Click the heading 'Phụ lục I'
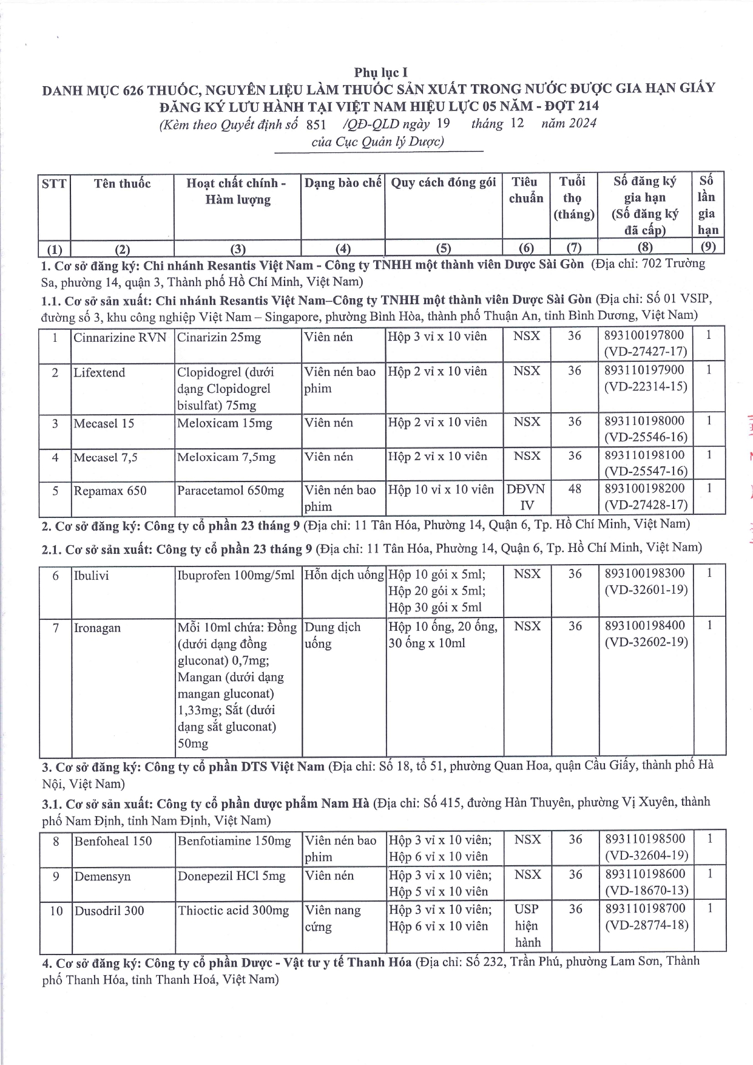(380, 73)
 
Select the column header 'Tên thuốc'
(122, 183)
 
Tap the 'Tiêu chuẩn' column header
(525, 190)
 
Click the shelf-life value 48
(574, 489)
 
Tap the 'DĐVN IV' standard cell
(526, 497)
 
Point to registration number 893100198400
(645, 625)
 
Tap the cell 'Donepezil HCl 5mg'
(231, 876)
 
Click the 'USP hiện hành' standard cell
(527, 926)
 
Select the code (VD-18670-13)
(646, 891)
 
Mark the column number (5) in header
(444, 248)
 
